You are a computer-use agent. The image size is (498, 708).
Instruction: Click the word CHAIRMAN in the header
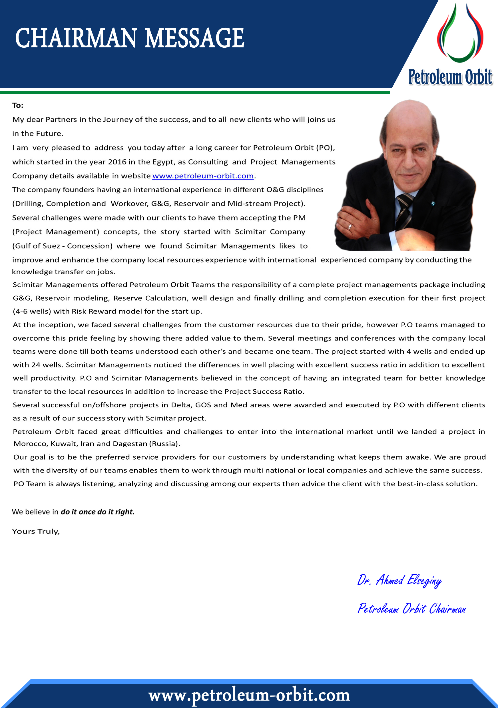(76, 38)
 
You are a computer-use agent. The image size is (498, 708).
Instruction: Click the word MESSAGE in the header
(194, 38)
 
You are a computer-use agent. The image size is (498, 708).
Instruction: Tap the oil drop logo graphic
(460, 34)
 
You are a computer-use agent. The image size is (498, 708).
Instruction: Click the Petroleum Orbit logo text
(450, 77)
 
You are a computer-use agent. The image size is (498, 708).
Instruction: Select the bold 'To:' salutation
(18, 105)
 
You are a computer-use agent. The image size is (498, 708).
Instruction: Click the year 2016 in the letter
(117, 162)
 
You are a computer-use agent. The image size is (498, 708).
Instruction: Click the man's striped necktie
(404, 210)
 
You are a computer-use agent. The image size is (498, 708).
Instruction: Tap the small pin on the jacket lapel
(433, 203)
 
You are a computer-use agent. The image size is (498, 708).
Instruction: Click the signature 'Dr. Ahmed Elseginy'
(399, 580)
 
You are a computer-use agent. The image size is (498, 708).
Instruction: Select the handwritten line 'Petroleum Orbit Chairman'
(411, 609)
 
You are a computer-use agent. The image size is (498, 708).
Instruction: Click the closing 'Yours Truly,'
(36, 531)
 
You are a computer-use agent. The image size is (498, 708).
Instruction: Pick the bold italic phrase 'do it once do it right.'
(97, 512)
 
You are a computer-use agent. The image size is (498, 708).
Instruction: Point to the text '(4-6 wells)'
(32, 311)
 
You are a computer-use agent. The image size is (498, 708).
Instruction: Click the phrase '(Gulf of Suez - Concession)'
(62, 246)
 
